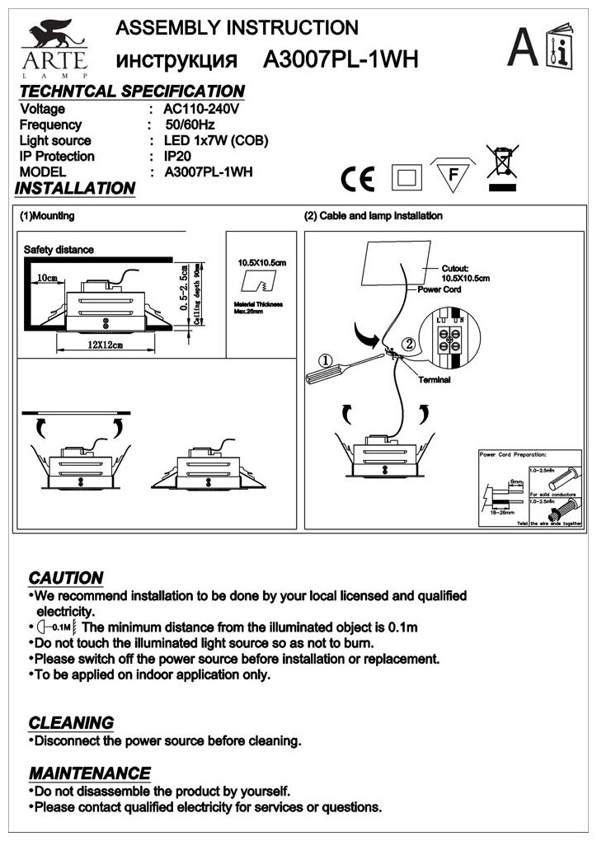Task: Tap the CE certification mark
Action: pos(358,177)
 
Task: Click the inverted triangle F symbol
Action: pos(451,175)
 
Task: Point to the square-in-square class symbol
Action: pos(406,176)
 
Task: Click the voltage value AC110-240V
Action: pos(201,109)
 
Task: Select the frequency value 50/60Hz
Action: pos(190,125)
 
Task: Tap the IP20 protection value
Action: pos(178,156)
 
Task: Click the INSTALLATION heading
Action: pos(75,189)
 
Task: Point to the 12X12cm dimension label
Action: pos(108,345)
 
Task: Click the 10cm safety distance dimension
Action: pos(46,278)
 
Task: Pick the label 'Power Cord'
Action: pos(440,290)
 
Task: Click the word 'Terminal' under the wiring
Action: pos(435,380)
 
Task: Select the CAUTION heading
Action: pos(66,577)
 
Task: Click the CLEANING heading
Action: pos(71,723)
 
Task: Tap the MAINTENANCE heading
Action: pos(90,773)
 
